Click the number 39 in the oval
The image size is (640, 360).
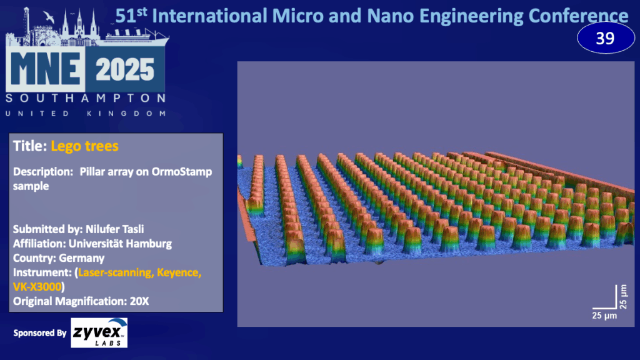pos(605,38)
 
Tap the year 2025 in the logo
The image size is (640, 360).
pos(125,70)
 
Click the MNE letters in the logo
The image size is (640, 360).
pos(45,69)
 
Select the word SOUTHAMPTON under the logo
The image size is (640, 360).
pos(85,98)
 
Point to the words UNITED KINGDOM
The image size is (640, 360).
pos(85,114)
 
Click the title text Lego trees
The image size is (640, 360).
pos(84,146)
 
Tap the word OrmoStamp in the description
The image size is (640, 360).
pos(182,172)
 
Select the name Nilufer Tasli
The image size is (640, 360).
pos(114,229)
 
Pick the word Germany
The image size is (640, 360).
pos(82,258)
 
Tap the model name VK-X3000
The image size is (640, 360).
pos(37,287)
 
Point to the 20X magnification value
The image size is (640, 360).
pos(139,301)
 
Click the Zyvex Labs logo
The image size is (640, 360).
pos(99,332)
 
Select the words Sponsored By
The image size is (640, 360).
pos(39,333)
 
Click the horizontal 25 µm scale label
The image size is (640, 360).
pos(604,316)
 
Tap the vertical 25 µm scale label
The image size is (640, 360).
pos(623,297)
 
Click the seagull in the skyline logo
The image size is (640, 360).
pos(49,16)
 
